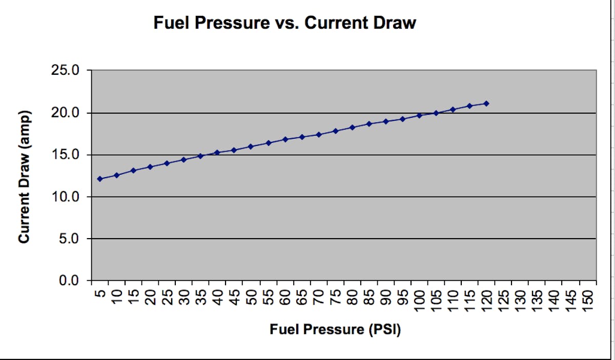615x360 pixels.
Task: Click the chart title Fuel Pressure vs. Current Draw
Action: [284, 23]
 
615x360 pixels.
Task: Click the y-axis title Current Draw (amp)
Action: [24, 177]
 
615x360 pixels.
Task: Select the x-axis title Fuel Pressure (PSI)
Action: [335, 329]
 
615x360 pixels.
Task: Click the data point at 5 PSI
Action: [100, 179]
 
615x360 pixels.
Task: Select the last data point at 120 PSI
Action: [486, 103]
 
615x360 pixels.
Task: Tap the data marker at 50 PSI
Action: [251, 146]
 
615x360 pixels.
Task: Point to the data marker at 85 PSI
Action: [368, 124]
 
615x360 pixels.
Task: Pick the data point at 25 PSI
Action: [167, 163]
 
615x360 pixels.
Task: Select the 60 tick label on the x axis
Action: [285, 295]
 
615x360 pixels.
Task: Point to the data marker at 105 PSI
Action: [436, 113]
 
